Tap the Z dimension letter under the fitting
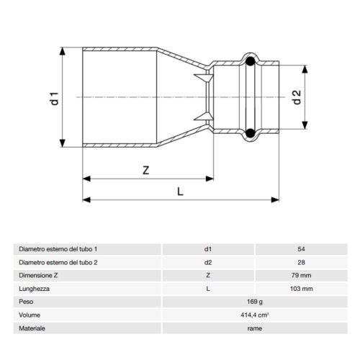[x=145, y=171]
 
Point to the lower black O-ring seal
[x=248, y=132]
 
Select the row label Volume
[x=30, y=315]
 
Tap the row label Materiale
[x=33, y=328]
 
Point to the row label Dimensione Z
[x=40, y=275]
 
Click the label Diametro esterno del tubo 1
[x=58, y=249]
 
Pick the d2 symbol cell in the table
[x=208, y=262]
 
